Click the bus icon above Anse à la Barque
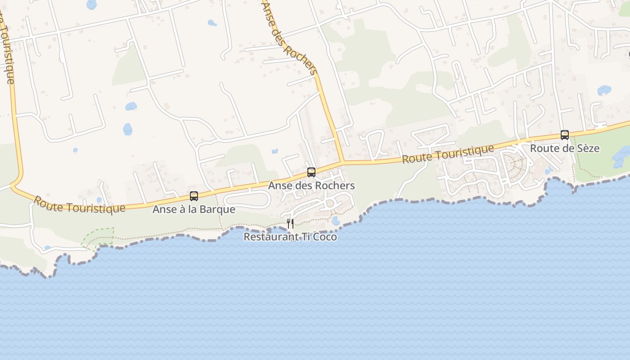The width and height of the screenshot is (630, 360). (194, 196)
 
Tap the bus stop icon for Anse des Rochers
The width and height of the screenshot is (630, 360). (311, 172)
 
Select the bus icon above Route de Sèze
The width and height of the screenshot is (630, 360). (564, 135)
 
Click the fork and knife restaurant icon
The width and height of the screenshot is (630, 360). (290, 223)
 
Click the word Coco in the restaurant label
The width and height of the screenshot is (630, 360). (324, 237)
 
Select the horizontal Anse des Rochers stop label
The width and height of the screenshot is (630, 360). (311, 185)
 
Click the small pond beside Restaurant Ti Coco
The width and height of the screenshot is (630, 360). (335, 220)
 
